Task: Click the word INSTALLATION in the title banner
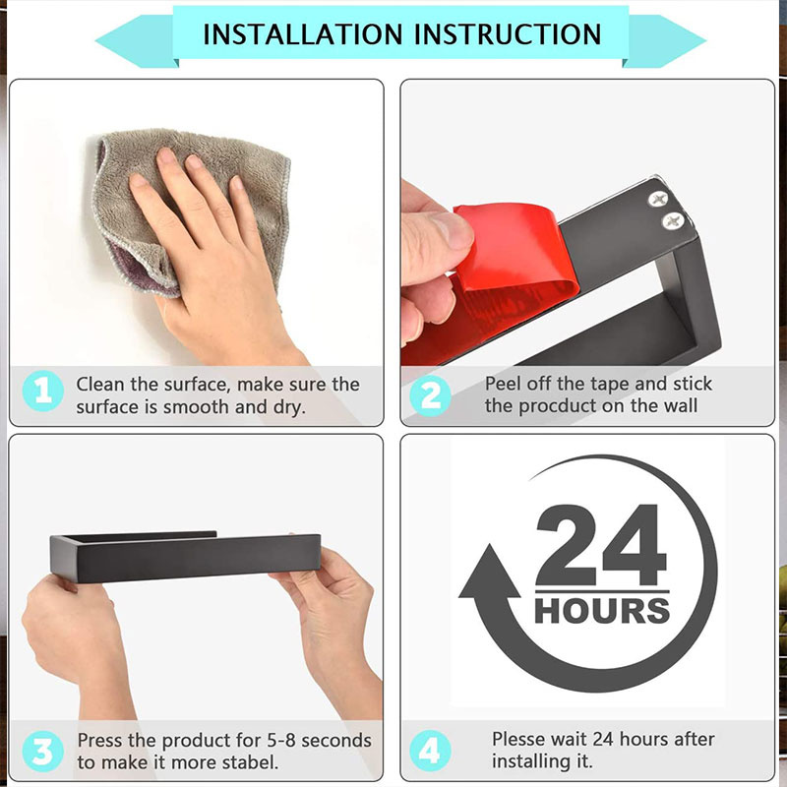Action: pos(302,34)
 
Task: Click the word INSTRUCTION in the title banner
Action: pos(508,34)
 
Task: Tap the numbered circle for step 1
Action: pos(43,391)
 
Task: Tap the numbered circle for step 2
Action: pos(430,395)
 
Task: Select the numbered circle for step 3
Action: pos(43,751)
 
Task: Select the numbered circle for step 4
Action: pos(430,751)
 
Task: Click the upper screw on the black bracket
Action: pos(658,200)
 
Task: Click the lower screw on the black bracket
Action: pos(673,220)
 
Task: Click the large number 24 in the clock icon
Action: pos(601,545)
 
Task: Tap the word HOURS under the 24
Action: pos(602,610)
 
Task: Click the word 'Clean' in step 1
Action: pos(100,384)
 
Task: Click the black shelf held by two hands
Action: pos(185,557)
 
